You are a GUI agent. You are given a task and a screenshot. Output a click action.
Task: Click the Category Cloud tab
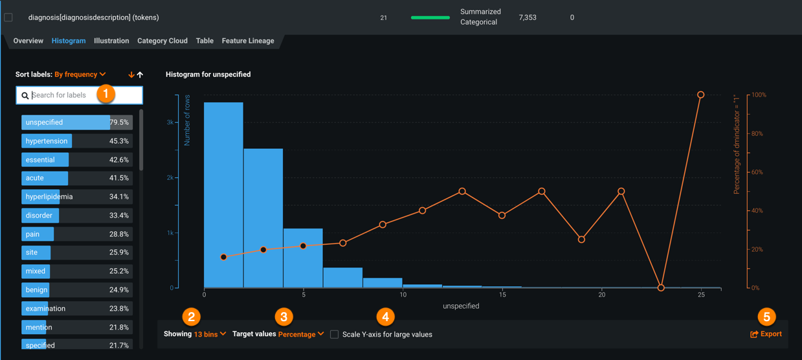click(x=162, y=41)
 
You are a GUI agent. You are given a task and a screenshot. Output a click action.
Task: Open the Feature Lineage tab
click(x=248, y=41)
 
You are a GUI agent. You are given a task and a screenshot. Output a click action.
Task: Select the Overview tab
click(x=28, y=41)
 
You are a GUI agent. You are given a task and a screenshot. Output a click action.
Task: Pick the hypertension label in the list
click(x=47, y=141)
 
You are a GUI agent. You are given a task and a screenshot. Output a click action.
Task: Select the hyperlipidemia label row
click(x=76, y=197)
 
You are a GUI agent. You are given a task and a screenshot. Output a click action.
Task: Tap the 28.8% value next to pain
click(x=118, y=234)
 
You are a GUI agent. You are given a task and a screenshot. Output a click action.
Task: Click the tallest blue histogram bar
click(x=223, y=194)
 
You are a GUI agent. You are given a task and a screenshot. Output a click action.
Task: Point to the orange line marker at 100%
click(x=701, y=95)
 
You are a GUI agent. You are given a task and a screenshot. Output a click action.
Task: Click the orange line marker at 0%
click(x=661, y=287)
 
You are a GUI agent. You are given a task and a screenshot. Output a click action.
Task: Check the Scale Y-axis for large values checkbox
click(x=335, y=335)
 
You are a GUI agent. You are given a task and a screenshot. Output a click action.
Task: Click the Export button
click(x=766, y=334)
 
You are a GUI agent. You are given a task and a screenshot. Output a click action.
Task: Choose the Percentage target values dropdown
click(x=301, y=334)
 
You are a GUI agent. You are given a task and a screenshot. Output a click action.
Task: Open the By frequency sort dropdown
click(x=80, y=74)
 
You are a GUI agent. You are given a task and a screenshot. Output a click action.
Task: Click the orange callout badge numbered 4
click(x=385, y=317)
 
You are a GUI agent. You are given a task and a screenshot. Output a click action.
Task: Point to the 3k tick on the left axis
click(x=170, y=122)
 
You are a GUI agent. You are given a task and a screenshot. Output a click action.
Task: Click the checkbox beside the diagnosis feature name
click(x=8, y=17)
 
